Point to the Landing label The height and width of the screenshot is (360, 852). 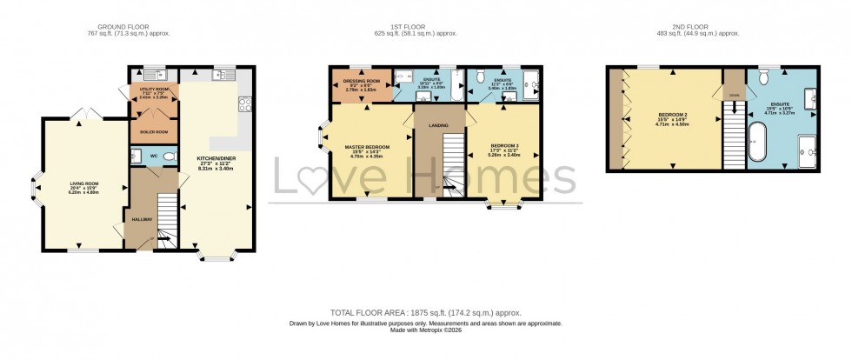click(439, 127)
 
